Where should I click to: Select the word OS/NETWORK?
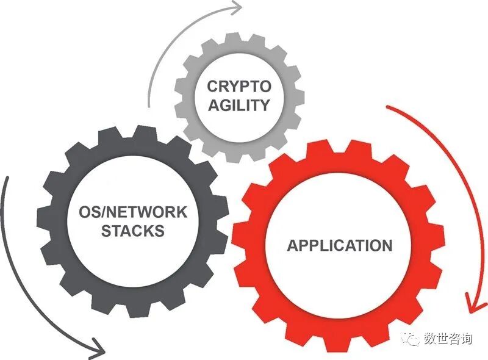click(x=133, y=213)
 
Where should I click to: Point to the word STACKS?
click(x=132, y=231)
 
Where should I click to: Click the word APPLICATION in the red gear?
click(x=340, y=246)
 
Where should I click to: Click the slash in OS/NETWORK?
click(x=102, y=213)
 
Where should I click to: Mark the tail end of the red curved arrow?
click(x=389, y=108)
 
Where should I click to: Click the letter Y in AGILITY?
click(x=264, y=105)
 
